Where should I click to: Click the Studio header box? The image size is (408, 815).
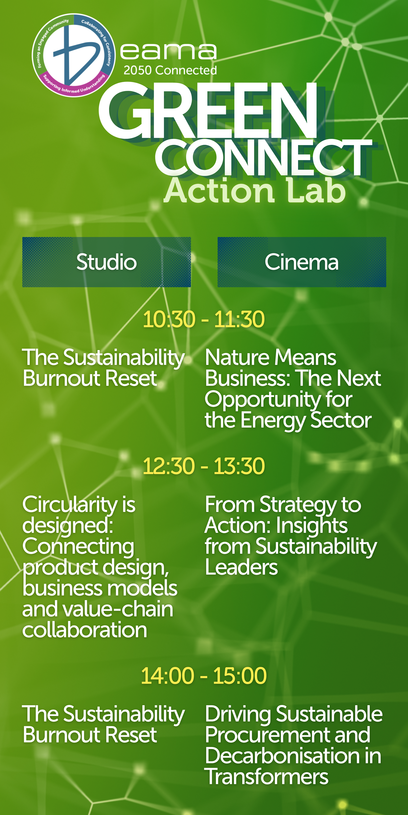click(x=106, y=262)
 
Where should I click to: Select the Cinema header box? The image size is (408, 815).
click(x=302, y=262)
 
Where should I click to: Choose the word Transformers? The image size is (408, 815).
click(x=266, y=777)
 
